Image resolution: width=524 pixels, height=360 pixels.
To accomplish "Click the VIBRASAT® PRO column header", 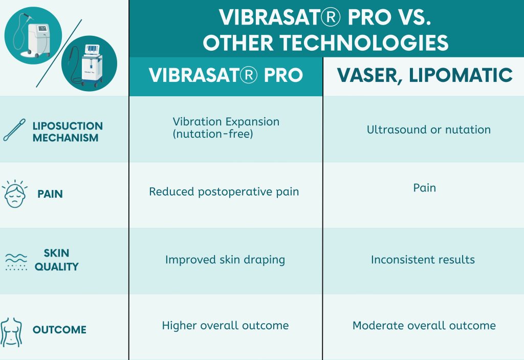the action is coord(226,75).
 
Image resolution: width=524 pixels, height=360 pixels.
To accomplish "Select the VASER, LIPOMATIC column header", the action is coord(424,75).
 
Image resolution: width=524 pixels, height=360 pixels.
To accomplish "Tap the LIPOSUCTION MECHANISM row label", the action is coord(68,132).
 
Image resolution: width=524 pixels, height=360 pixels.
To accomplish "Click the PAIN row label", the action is coord(50,194).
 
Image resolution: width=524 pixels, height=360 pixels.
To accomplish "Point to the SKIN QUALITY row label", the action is coord(56,260).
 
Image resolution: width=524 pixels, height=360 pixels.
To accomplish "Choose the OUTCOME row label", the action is coord(59,330).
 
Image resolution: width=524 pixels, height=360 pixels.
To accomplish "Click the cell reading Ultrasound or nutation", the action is coord(429,130).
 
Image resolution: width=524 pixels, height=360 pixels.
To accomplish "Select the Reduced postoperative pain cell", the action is coord(224,192).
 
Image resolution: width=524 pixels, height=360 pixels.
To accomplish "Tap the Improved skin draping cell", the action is coord(225,260).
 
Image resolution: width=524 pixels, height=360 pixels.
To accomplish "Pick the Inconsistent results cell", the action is coord(423,260).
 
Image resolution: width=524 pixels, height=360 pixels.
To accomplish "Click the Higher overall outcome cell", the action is coord(225,326).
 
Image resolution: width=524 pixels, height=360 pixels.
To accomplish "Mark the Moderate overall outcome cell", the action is coord(424,326).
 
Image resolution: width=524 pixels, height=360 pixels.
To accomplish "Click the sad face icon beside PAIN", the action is coord(15,194).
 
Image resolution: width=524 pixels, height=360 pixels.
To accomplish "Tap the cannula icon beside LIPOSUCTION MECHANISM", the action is coord(14,130).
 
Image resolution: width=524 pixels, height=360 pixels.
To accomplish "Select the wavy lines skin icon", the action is coord(16,262).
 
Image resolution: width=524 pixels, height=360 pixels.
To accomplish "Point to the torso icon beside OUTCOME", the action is coord(11,332).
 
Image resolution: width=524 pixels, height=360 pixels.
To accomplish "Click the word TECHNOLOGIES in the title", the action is coord(364,43).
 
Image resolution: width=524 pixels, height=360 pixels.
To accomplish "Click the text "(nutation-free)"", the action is coord(213,134).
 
